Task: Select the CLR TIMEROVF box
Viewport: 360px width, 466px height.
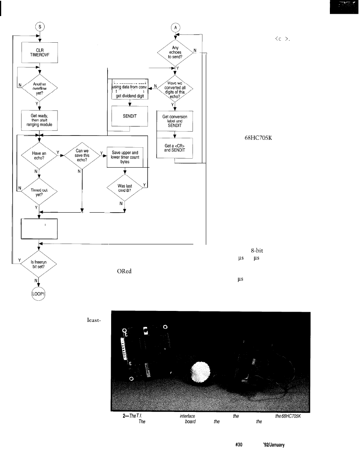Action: click(39, 52)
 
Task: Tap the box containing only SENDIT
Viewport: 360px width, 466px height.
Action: click(130, 116)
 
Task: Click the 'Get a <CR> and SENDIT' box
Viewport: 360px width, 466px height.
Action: click(175, 148)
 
